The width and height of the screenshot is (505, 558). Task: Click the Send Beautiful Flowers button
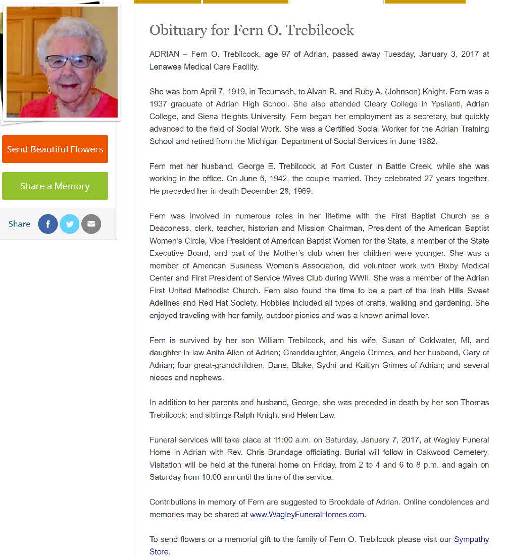pos(55,149)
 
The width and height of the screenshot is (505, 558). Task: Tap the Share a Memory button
pos(55,186)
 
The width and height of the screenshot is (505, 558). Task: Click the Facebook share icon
pos(48,224)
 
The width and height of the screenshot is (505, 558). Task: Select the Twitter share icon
pos(70,224)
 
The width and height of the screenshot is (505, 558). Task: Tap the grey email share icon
pos(91,224)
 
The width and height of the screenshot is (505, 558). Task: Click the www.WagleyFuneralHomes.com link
pos(307,515)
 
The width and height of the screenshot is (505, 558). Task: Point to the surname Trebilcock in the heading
pos(320,31)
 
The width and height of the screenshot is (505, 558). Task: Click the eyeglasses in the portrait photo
pos(70,62)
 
